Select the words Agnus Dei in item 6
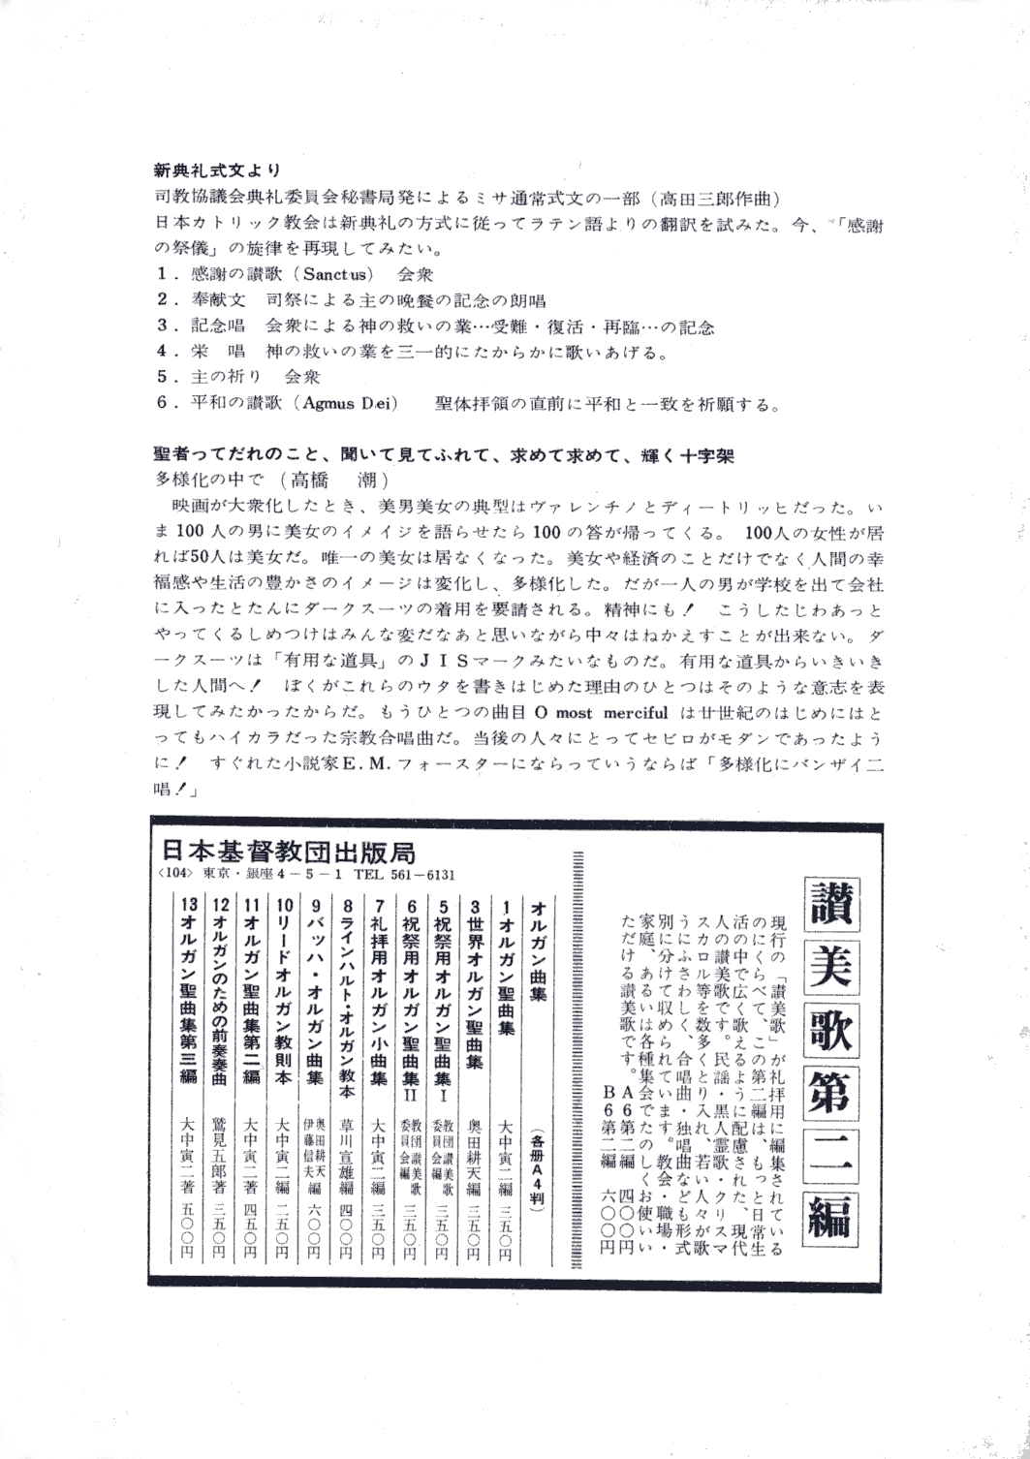348,404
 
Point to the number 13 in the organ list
187,903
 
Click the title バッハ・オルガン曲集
316,993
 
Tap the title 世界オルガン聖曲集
475,983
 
